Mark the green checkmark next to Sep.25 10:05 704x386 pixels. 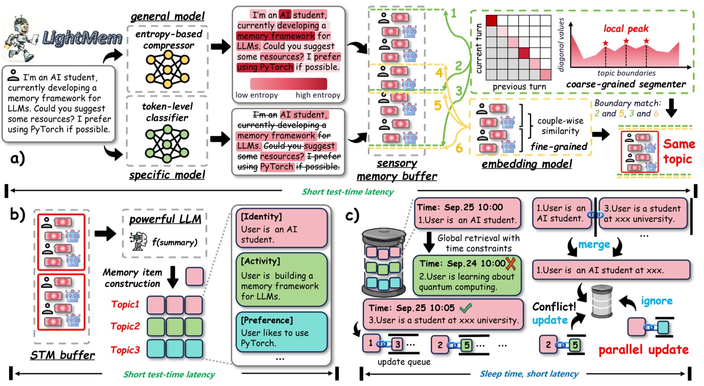click(x=465, y=308)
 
